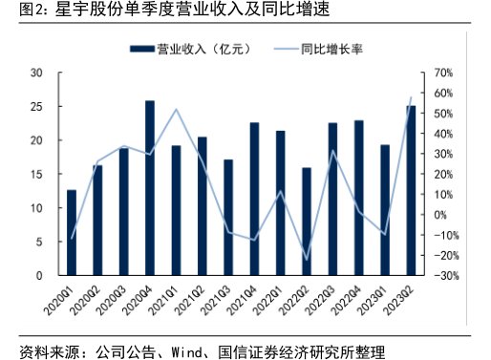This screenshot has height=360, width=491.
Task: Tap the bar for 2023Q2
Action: (x=411, y=191)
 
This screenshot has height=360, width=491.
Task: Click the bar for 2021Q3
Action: (x=228, y=218)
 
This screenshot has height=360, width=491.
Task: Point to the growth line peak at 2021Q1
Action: (x=176, y=110)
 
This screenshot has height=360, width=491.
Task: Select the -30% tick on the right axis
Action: (x=444, y=276)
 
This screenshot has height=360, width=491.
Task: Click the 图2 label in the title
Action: (x=19, y=11)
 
